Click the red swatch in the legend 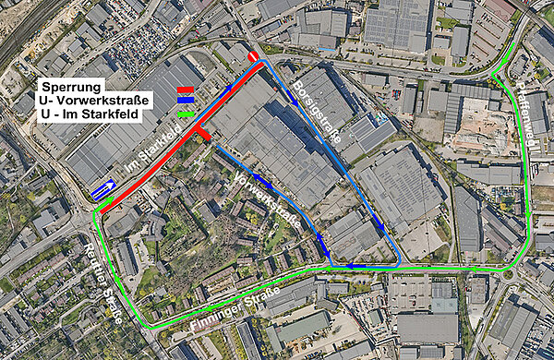pos(186,89)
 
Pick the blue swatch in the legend pos(186,99)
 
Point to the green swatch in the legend pos(186,114)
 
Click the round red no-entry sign pos(253,58)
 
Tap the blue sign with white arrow pos(103,190)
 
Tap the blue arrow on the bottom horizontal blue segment pos(355,266)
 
